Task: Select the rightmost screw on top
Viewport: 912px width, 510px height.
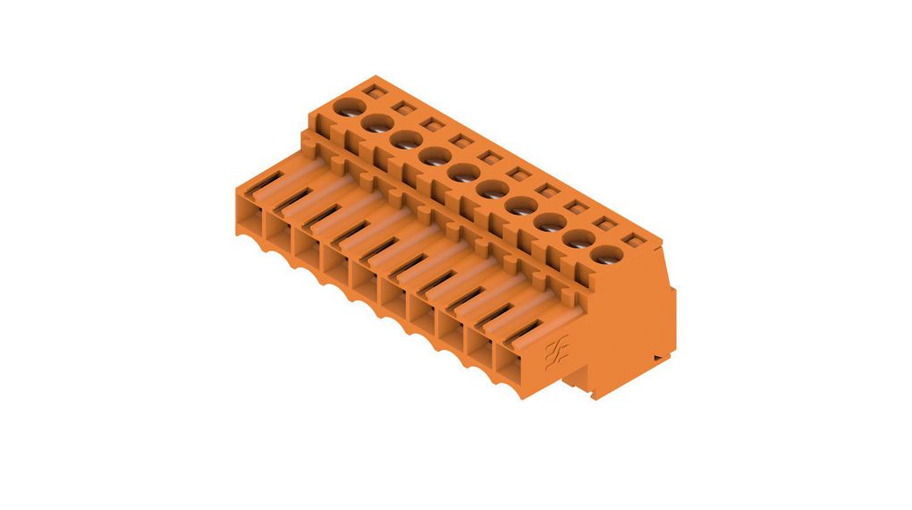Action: [607, 256]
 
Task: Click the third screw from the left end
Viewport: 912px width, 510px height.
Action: [405, 140]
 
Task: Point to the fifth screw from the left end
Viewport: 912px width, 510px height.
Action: [462, 173]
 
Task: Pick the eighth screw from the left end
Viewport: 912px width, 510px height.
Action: [549, 223]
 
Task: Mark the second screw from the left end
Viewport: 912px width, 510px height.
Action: [376, 124]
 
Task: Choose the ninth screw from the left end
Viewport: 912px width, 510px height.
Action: [578, 240]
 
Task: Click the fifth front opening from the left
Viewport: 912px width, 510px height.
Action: [369, 282]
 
